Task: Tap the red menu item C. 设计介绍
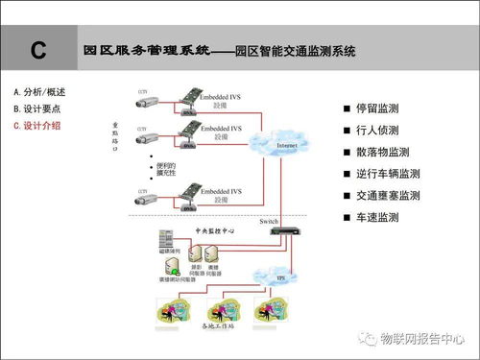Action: click(x=39, y=125)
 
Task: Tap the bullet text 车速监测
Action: click(x=375, y=218)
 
